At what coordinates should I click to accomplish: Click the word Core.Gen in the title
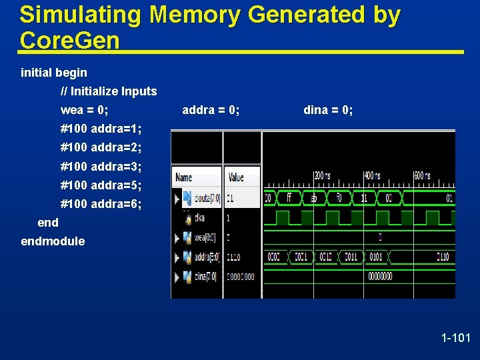click(x=69, y=41)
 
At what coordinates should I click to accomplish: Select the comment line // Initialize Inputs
click(x=109, y=91)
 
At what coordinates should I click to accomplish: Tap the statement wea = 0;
click(x=84, y=110)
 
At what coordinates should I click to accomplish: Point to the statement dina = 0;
click(x=328, y=110)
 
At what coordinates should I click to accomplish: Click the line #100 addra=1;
click(x=101, y=129)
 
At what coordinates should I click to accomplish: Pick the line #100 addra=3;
click(x=101, y=166)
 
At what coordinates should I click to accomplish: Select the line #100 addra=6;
click(x=101, y=203)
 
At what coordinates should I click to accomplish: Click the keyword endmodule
click(x=53, y=241)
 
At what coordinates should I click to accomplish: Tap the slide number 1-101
click(x=456, y=339)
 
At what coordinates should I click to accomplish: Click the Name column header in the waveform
click(x=183, y=177)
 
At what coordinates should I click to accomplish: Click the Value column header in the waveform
click(x=236, y=177)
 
